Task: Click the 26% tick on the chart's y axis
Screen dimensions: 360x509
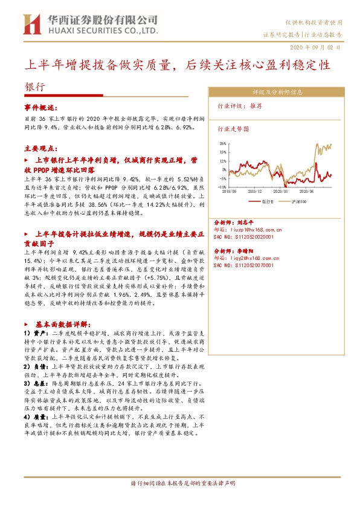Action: (x=223, y=143)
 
